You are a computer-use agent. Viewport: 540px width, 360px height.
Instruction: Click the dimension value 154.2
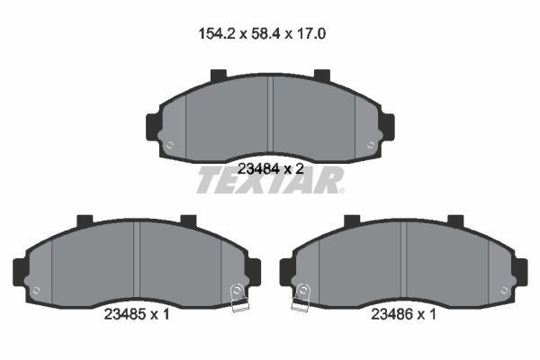(x=217, y=34)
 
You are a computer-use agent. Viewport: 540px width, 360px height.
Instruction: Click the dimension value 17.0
(x=310, y=34)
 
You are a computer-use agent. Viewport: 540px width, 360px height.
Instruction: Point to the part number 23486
(x=391, y=314)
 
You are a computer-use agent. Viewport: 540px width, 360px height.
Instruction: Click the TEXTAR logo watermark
(x=270, y=180)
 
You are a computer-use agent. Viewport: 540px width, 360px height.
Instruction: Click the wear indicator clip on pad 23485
(x=238, y=298)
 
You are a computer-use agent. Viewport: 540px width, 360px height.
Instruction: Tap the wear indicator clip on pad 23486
(x=301, y=298)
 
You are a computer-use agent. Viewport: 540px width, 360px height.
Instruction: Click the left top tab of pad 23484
(x=219, y=76)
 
